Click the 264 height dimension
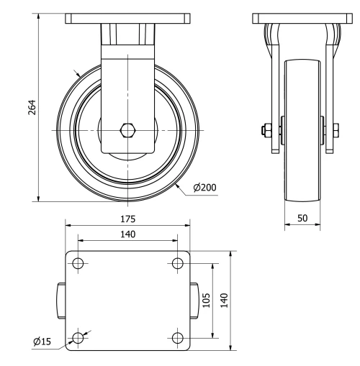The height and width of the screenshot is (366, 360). (x=32, y=107)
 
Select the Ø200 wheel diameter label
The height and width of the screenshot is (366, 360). (x=205, y=188)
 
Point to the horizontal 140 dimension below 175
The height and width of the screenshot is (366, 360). (x=129, y=234)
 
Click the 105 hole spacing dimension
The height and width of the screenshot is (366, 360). (x=206, y=300)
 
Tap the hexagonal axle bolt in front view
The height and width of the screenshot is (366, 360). (x=128, y=130)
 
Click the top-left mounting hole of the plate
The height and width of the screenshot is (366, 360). (x=78, y=263)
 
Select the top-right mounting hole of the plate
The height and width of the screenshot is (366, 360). (x=178, y=263)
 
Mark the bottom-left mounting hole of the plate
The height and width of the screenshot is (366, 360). (x=78, y=337)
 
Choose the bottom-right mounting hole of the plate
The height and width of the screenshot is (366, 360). (x=178, y=337)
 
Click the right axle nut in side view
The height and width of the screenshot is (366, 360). (x=336, y=130)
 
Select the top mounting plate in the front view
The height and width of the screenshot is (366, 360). (x=128, y=18)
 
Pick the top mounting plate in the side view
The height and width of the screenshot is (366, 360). (x=302, y=18)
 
